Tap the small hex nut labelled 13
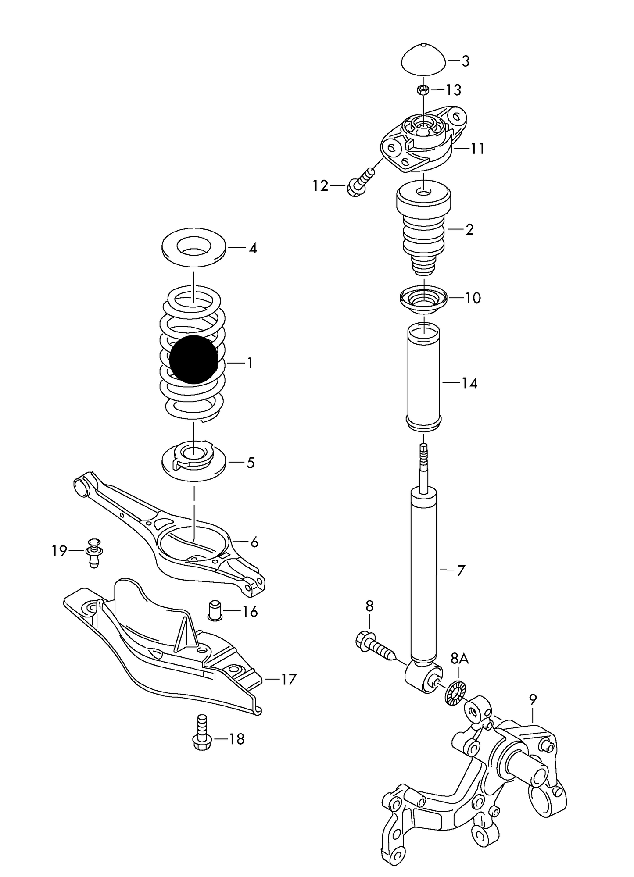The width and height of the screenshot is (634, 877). pos(423,90)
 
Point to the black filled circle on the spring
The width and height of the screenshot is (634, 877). pos(193,359)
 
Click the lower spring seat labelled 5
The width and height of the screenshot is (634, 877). pos(193,463)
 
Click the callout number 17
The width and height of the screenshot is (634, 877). pos(289,680)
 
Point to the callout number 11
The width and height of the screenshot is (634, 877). pos(477,149)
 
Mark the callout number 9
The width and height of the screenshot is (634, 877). pos(533,699)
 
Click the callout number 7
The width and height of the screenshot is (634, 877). pos(461,570)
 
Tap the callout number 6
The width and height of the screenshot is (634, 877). pos(254,543)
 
